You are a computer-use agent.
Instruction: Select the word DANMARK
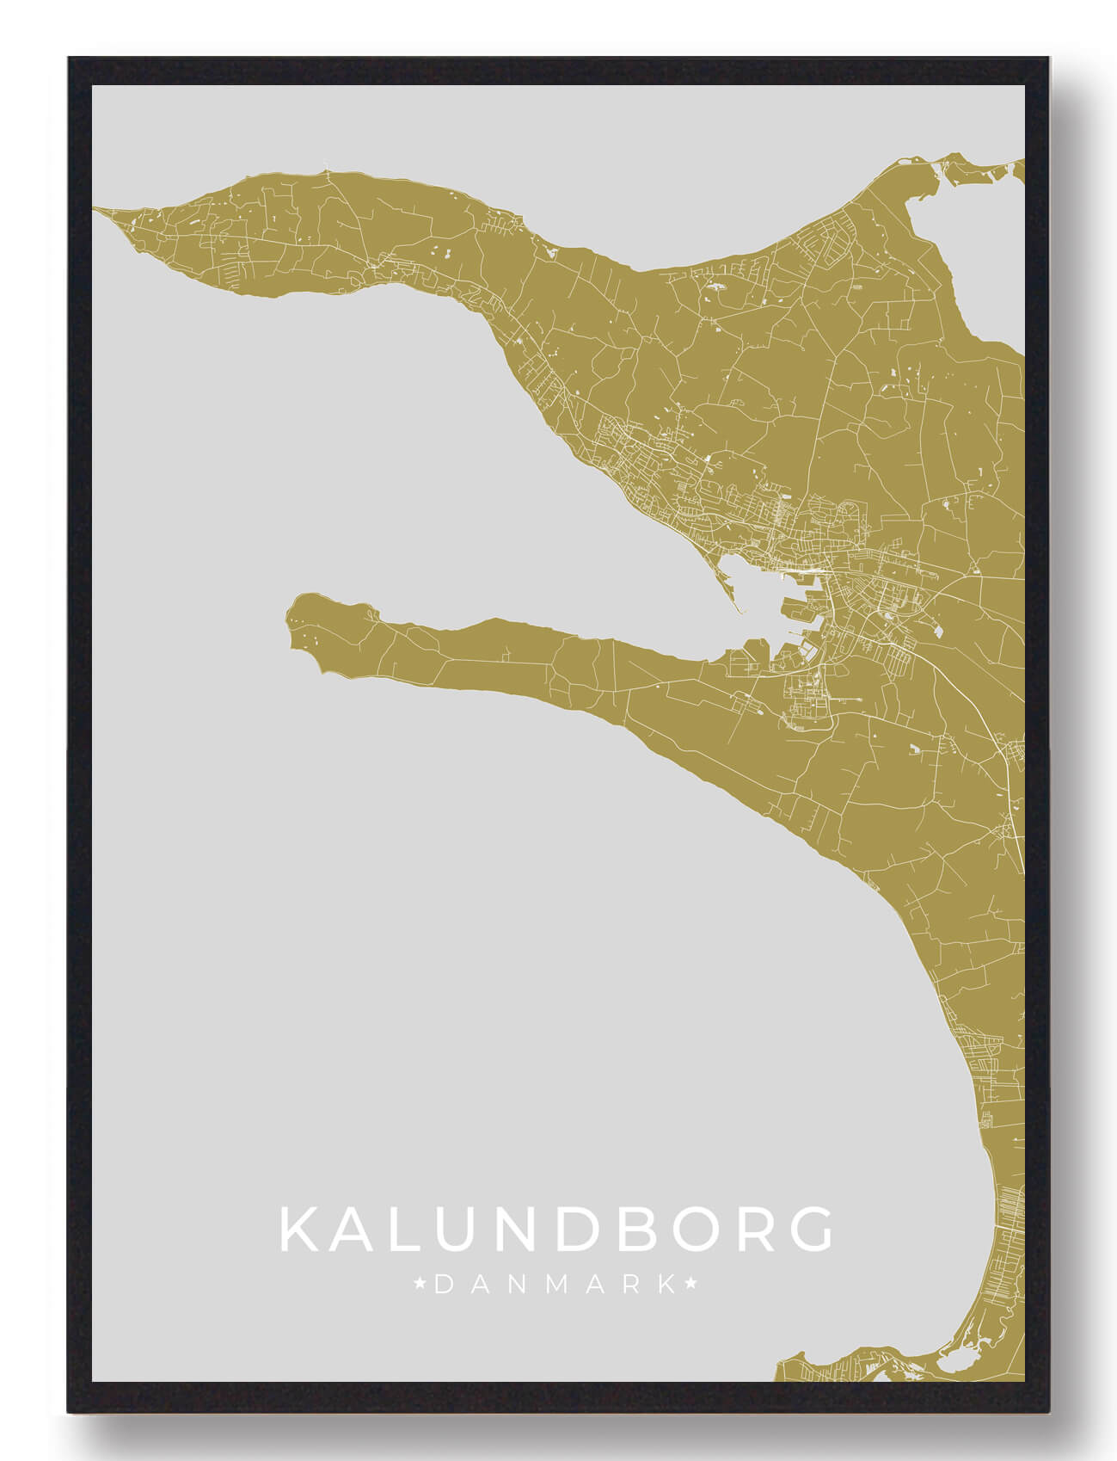[x=555, y=1285]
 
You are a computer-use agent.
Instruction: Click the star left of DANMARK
[x=420, y=1285]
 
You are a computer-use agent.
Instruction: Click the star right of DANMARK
[x=690, y=1285]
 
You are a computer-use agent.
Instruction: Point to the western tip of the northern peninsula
[x=100, y=209]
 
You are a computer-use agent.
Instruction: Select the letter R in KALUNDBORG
[x=741, y=1230]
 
